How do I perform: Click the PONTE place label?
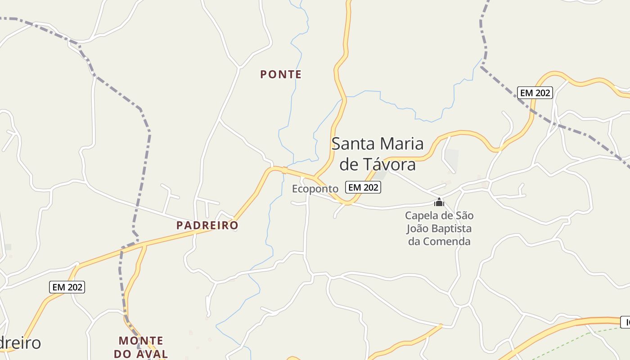[281, 75]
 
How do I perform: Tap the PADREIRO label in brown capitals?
[207, 225]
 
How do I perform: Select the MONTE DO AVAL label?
[141, 347]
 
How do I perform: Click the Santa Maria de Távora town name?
[377, 154]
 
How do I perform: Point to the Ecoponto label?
[315, 189]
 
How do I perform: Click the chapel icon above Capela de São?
[439, 202]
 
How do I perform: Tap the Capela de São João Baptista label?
[439, 228]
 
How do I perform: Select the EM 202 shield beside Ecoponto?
[363, 187]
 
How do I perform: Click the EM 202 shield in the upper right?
[535, 93]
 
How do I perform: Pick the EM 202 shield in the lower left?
[67, 287]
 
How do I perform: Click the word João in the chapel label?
[417, 229]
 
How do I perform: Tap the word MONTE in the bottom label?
[141, 341]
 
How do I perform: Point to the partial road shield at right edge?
[625, 322]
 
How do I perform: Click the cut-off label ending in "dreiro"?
[20, 343]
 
